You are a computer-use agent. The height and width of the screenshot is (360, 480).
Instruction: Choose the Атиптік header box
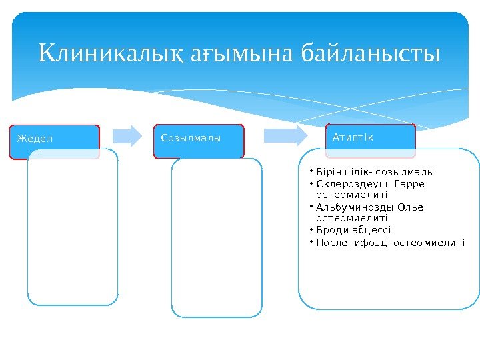371,137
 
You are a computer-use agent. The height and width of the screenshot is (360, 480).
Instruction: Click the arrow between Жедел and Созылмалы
127,135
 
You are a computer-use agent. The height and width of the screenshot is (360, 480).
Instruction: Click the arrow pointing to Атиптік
286,135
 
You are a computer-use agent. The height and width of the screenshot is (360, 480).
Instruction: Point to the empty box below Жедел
73,227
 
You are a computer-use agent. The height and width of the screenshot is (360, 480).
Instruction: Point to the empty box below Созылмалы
217,237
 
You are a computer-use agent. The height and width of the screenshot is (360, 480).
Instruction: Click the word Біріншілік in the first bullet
340,171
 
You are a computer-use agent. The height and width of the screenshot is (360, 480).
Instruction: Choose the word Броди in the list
329,231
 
